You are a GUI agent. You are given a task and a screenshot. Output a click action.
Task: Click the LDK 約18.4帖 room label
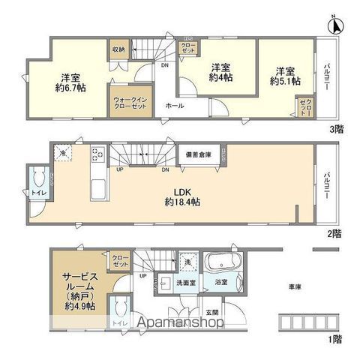tap(181, 196)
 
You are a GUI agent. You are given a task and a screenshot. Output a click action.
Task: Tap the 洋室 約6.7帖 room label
tap(70, 81)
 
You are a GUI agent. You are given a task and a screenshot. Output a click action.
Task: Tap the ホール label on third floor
tap(174, 106)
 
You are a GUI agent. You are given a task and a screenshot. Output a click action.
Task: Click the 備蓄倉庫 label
tap(199, 154)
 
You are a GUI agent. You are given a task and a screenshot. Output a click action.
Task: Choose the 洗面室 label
tap(187, 283)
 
